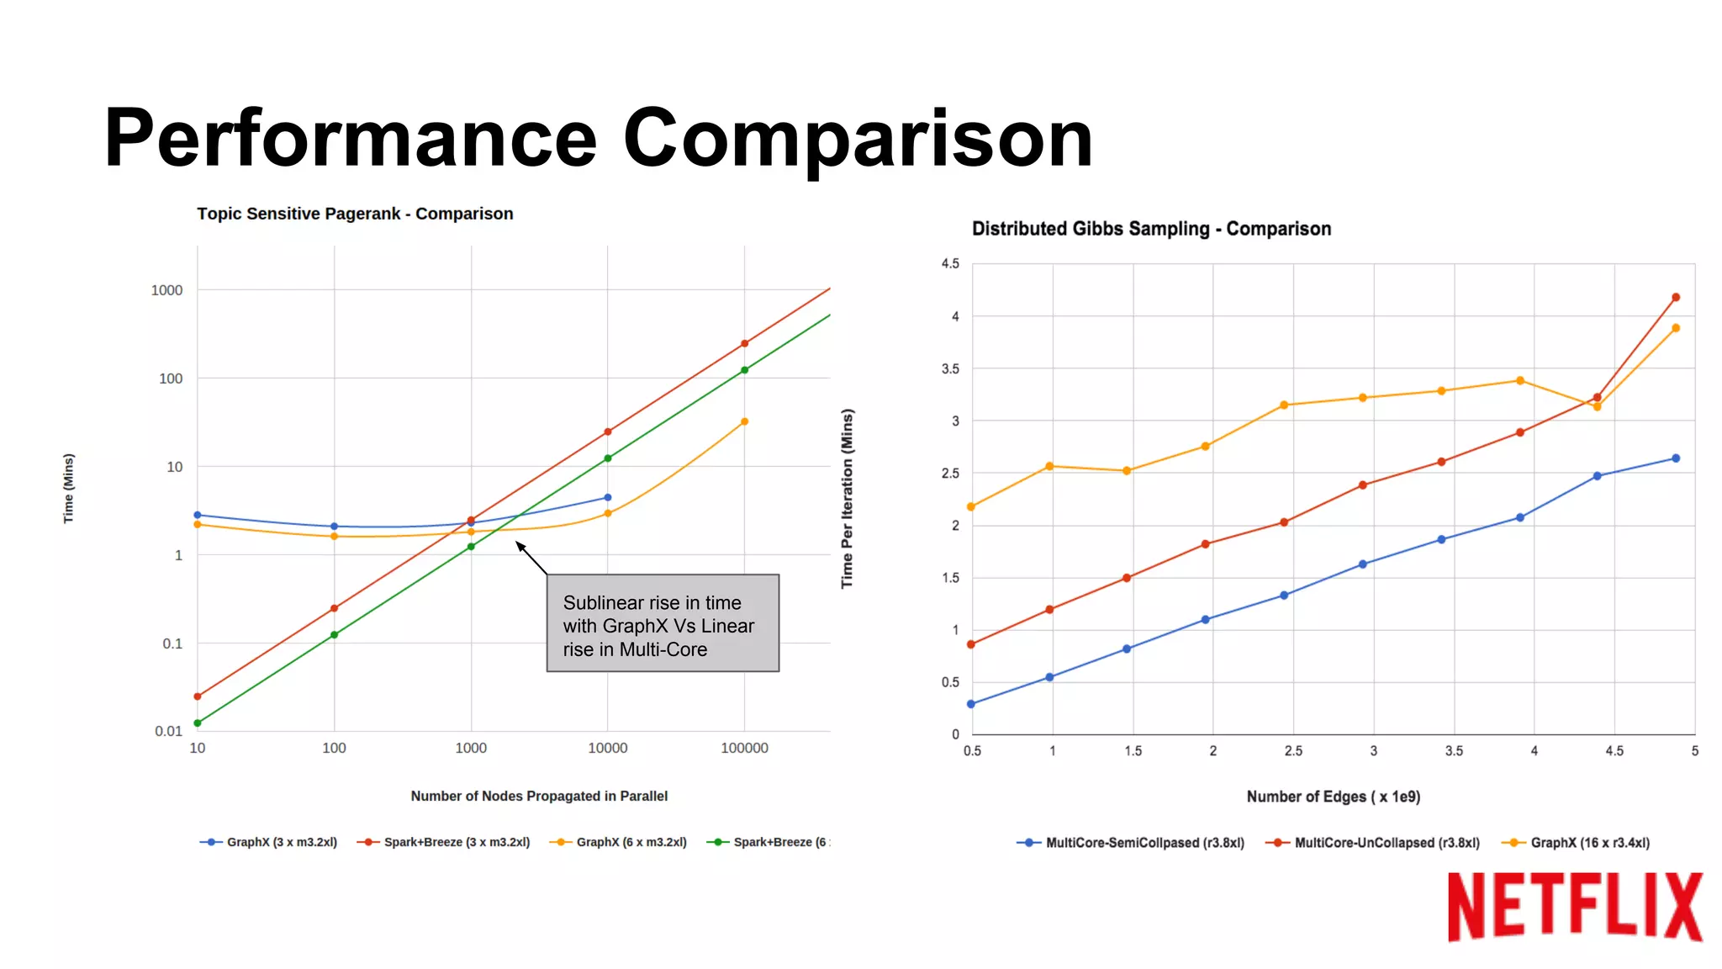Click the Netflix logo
pos(1574,907)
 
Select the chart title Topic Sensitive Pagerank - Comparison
pos(355,214)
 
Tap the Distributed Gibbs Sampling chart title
pos(1151,229)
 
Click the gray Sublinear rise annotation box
pos(663,623)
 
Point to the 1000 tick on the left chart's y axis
pos(166,290)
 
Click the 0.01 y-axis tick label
pos(168,731)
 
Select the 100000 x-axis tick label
pos(744,748)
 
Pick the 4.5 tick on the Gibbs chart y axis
pos(950,264)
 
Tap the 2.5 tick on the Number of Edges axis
pos(1293,751)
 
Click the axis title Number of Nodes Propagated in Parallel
pos(539,796)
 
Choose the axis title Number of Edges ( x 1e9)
pos(1333,797)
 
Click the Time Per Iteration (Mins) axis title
pos(848,499)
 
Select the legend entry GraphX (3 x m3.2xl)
pos(281,842)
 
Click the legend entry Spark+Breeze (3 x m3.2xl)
pos(457,842)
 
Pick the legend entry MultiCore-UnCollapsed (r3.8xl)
pos(1387,843)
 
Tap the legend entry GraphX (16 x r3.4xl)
pos(1589,843)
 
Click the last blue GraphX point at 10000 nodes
pos(608,498)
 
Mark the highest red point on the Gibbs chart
pos(1676,298)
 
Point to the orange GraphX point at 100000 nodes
pos(744,422)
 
